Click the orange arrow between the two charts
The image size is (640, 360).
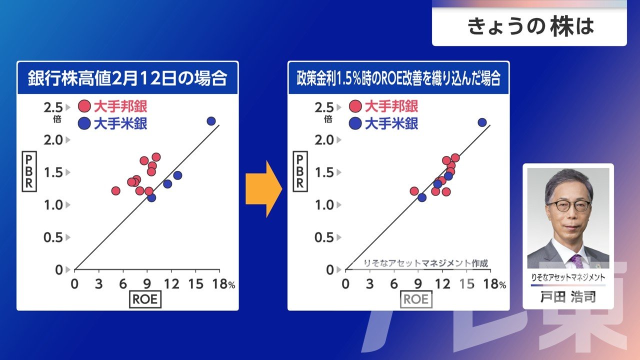click(263, 189)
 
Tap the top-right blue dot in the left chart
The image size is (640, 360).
click(211, 121)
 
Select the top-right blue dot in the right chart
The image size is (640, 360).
click(482, 122)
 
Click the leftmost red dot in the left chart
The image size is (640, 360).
click(115, 190)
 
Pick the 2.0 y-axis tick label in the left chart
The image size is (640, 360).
click(53, 140)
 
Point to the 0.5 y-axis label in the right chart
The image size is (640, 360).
click(324, 237)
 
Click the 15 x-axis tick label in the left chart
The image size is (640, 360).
click(195, 284)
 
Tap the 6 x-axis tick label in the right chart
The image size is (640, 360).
click(394, 284)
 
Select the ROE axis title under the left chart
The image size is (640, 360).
click(145, 299)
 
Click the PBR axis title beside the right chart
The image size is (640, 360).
click(300, 171)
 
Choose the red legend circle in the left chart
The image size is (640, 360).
click(84, 106)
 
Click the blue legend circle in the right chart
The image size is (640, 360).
click(355, 123)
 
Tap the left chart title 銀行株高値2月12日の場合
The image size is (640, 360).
click(127, 78)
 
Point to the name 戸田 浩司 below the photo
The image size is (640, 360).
click(568, 297)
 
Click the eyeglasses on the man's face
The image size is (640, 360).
click(569, 205)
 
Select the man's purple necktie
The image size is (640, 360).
click(577, 261)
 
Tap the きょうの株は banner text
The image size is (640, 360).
click(531, 26)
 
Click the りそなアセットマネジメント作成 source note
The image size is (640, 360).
click(426, 263)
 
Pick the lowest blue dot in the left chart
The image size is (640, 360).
click(151, 197)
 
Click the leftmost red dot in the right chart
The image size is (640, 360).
click(414, 191)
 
